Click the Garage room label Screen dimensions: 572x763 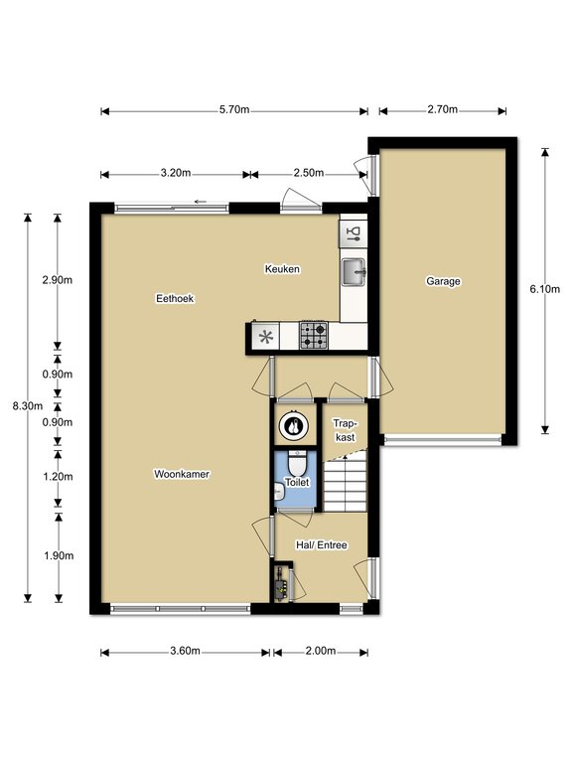click(443, 281)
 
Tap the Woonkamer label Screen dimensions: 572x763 click(182, 474)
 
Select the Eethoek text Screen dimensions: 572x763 click(175, 298)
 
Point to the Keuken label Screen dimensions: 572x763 click(282, 268)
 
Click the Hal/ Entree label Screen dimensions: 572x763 click(322, 545)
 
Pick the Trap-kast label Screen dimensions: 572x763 click(345, 430)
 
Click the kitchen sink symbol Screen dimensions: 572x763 click(354, 271)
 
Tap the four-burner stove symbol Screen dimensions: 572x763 click(314, 335)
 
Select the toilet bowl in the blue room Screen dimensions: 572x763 click(297, 464)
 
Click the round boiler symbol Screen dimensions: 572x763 click(293, 426)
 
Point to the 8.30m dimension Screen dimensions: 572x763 click(27, 405)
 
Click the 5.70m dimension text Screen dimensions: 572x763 click(234, 109)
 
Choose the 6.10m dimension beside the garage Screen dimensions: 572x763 click(545, 289)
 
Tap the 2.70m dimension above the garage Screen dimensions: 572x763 click(442, 109)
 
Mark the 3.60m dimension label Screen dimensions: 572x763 click(185, 651)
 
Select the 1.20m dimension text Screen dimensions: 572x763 click(58, 477)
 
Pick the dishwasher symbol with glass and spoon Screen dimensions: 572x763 click(354, 233)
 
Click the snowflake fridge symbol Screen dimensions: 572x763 click(265, 336)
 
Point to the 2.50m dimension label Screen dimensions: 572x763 click(309, 173)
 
